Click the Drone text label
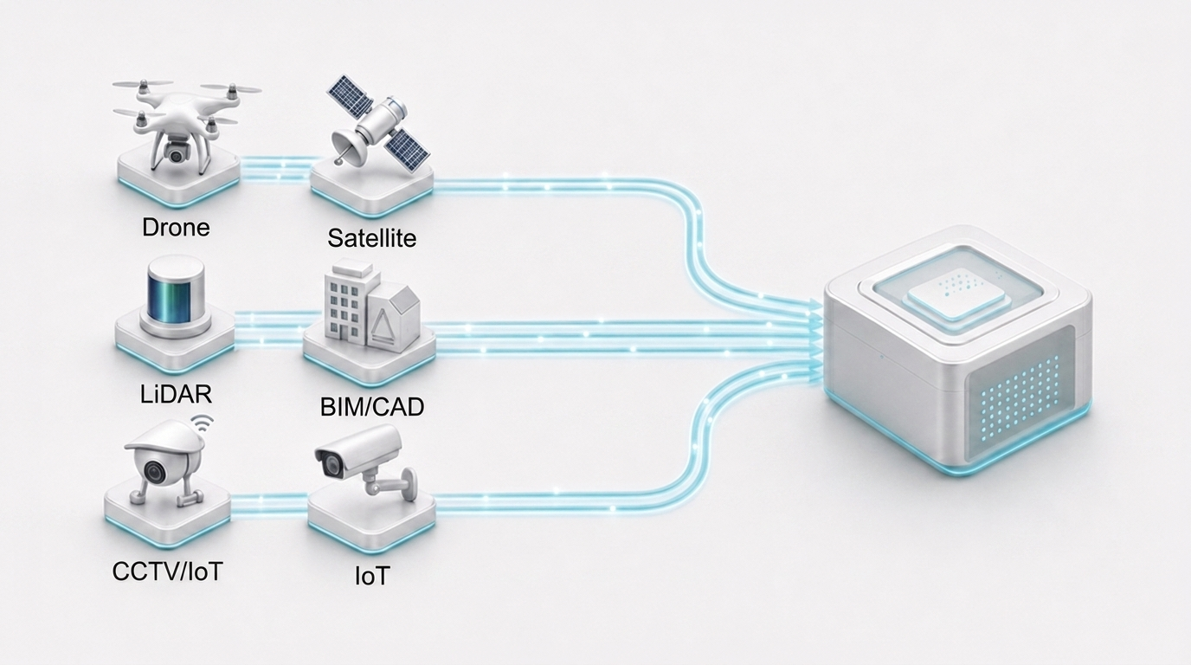[x=176, y=228]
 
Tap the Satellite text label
[x=371, y=238]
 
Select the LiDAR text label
[x=176, y=394]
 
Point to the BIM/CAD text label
[x=372, y=407]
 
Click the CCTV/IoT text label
[x=168, y=571]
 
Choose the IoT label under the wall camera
[x=372, y=575]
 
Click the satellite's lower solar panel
[x=408, y=147]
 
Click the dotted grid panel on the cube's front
[x=1017, y=396]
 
